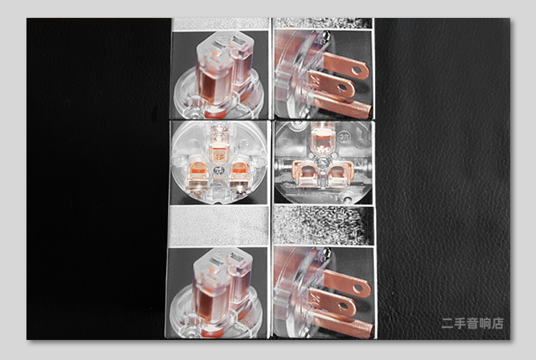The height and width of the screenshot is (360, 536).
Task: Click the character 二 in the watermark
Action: tap(447, 323)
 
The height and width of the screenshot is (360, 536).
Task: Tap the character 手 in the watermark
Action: tap(460, 323)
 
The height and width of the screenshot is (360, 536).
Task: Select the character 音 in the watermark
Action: tap(472, 323)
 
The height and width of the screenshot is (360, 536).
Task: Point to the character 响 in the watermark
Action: tap(485, 323)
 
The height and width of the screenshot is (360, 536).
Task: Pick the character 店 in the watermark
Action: tap(497, 323)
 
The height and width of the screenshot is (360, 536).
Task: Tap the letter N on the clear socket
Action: tap(359, 161)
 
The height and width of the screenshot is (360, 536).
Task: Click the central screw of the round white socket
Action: tap(219, 170)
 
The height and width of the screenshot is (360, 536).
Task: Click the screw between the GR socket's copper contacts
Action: tap(322, 163)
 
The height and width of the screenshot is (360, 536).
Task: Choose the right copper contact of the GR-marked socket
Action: tap(339, 174)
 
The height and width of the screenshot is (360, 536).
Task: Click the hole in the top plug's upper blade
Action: tap(356, 71)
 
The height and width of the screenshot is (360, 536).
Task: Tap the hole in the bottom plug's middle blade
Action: tap(343, 306)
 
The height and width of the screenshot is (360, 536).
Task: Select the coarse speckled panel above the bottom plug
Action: tap(323, 225)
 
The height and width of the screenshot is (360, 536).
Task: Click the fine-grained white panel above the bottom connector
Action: tap(219, 226)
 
